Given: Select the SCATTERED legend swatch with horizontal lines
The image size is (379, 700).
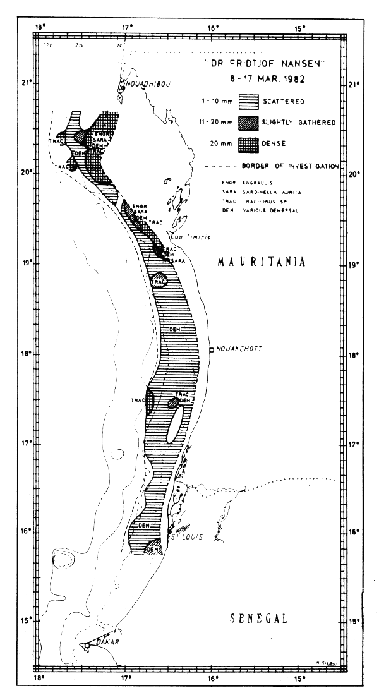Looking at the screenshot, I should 253,100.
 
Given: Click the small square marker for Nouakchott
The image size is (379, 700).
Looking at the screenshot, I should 211,349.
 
